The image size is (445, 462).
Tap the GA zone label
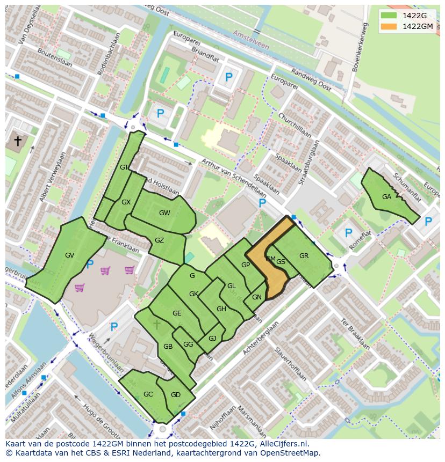click(386, 197)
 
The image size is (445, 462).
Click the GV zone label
click(69, 255)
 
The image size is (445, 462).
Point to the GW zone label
click(164, 213)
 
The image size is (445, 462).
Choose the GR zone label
click(304, 256)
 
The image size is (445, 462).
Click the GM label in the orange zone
click(270, 259)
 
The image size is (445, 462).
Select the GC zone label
click(148, 394)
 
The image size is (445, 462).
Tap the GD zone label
click(176, 395)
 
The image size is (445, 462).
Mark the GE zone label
click(177, 313)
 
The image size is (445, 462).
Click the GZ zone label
click(159, 240)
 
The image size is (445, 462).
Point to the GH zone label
click(221, 309)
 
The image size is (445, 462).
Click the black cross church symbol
click(18, 141)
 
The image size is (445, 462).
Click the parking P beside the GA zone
click(428, 221)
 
